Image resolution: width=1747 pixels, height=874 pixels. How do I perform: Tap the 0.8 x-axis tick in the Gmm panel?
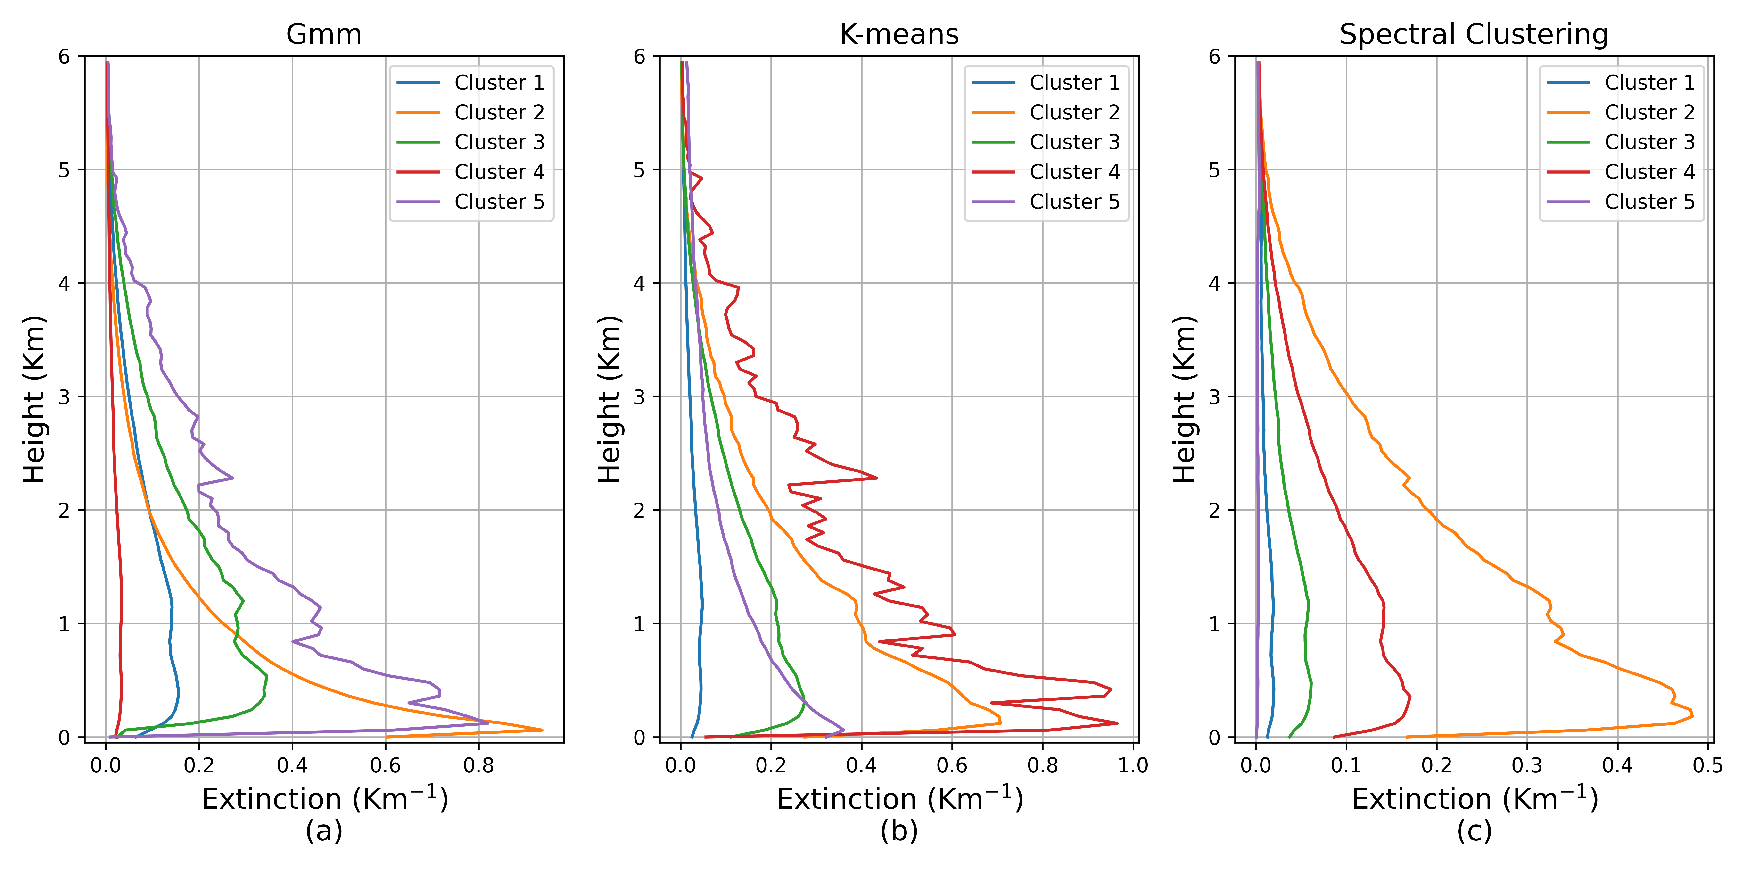click(x=479, y=765)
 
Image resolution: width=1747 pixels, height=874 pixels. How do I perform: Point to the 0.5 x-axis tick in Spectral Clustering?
click(x=1708, y=765)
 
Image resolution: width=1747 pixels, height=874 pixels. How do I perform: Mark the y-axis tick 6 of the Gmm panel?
click(x=65, y=56)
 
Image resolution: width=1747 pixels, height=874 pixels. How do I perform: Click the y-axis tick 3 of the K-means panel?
click(x=640, y=397)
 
